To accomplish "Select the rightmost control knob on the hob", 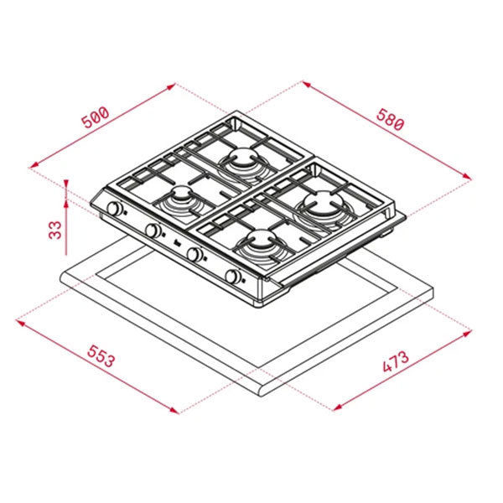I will (x=231, y=277).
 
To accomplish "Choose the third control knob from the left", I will (x=193, y=254).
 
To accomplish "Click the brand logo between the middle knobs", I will (x=175, y=244).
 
